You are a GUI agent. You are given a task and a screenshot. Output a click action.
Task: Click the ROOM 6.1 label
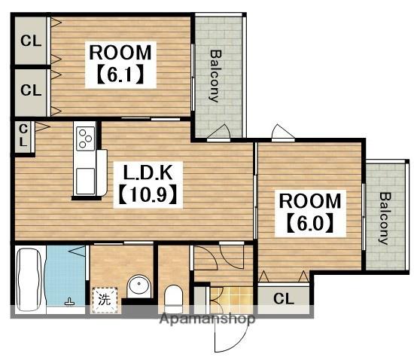point(120,65)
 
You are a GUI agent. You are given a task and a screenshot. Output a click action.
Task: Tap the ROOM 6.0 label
point(310,213)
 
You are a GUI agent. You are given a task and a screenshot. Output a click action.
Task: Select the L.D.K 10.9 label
point(148,185)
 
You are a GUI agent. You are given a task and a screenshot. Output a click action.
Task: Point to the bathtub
point(29,279)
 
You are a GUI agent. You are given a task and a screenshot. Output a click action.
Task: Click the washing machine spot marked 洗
point(105,300)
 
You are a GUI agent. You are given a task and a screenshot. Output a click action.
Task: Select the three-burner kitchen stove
point(86,139)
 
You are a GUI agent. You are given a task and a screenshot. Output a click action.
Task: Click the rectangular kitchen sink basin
point(85,181)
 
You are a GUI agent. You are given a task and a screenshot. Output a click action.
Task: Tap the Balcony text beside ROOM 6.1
point(215,76)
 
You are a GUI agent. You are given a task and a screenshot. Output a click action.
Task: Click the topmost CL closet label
point(31,41)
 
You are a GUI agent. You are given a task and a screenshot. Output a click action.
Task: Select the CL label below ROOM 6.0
point(284,298)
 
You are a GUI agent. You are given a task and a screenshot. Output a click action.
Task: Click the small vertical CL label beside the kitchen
point(23,136)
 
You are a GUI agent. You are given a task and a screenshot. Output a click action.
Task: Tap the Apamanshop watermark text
point(208,319)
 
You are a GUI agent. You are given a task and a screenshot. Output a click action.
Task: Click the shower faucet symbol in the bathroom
point(70,301)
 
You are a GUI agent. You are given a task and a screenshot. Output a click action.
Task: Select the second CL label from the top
point(31,90)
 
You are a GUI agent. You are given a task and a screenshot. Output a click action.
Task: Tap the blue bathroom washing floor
point(65,276)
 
